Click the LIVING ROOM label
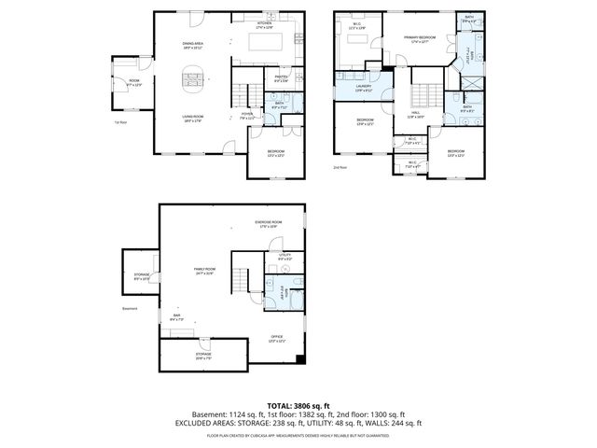193,118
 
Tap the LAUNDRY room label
363,89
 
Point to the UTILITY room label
285,256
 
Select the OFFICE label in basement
276,337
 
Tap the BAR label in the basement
177,317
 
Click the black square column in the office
298,359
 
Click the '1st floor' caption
119,122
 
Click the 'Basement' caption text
131,309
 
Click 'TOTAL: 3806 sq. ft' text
298,405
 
